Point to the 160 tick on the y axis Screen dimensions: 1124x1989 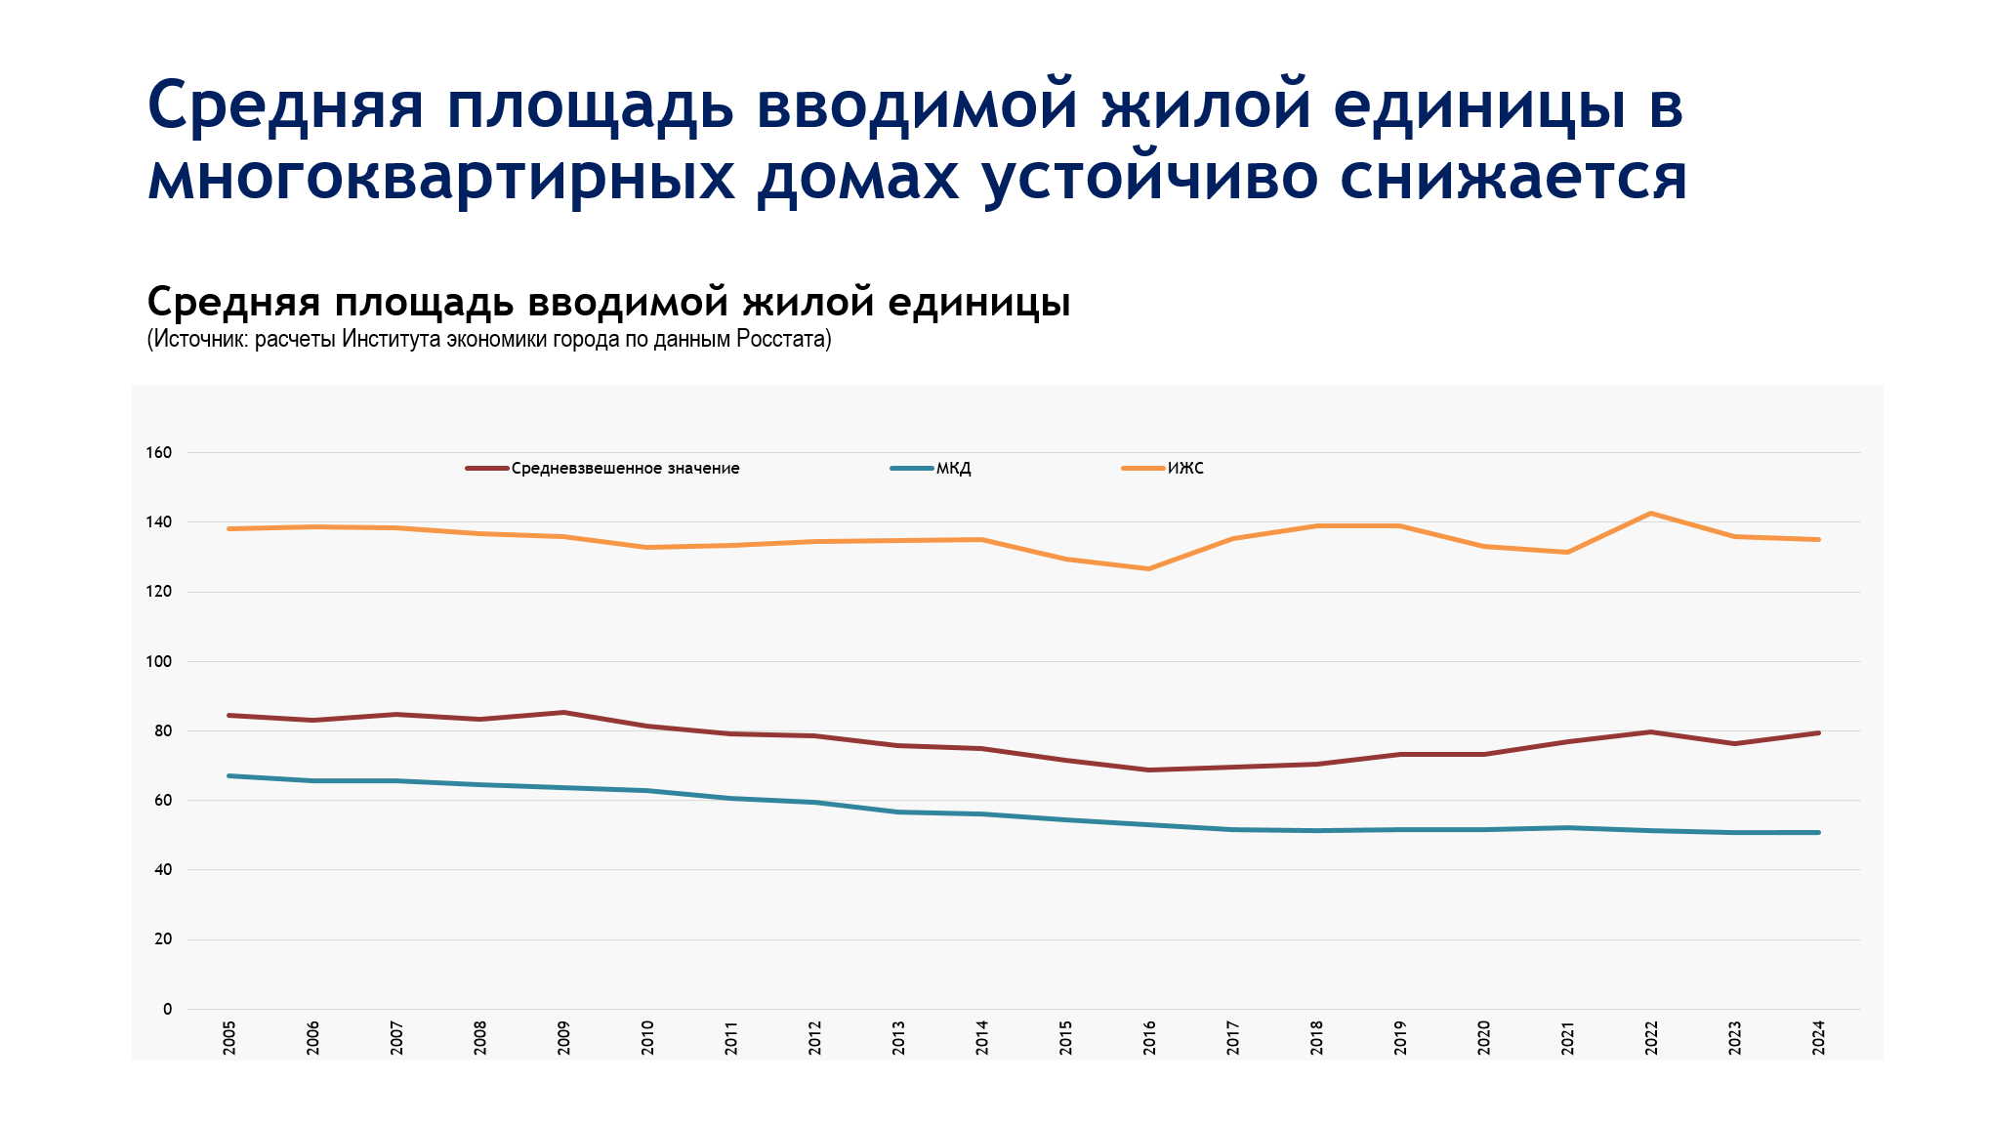click(159, 453)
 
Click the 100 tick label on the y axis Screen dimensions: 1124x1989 click(159, 662)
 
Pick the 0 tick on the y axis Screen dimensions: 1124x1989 click(167, 1010)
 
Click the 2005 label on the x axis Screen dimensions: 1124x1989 click(229, 1038)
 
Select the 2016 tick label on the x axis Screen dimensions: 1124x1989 click(1149, 1038)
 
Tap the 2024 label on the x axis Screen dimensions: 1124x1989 click(1818, 1038)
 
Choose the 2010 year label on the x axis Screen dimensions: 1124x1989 click(647, 1038)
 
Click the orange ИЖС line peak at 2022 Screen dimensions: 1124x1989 click(1651, 514)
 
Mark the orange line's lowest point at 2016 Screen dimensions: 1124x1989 click(1149, 568)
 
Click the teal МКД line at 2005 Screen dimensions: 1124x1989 click(229, 775)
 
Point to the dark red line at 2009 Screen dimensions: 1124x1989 click(563, 713)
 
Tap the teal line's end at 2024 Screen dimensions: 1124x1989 click(1818, 832)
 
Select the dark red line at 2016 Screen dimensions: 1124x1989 click(1149, 770)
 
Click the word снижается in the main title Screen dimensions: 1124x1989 click(1512, 178)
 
